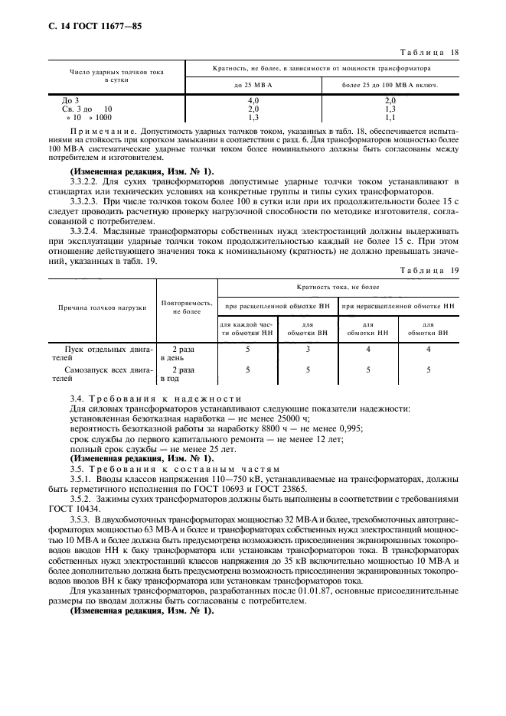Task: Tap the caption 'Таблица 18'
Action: pos(429,52)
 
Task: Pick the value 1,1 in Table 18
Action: pos(390,118)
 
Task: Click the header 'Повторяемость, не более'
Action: pos(187,308)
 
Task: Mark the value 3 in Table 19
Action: pos(307,349)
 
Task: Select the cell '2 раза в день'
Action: pos(175,353)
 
